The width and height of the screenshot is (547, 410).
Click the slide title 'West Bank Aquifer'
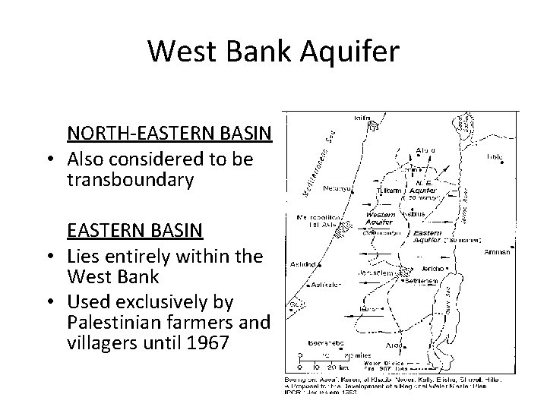[x=273, y=51]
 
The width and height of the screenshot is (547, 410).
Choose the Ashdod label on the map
[x=302, y=265]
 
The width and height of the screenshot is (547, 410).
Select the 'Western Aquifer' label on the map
[x=379, y=219]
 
